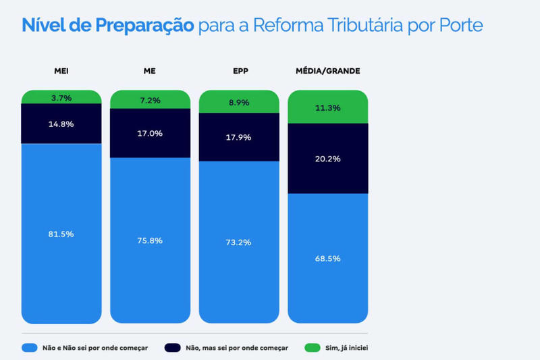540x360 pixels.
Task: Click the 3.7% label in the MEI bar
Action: point(61,98)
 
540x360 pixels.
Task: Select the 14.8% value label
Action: point(61,124)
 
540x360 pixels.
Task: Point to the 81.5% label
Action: point(61,234)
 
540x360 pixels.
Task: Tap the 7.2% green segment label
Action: point(150,100)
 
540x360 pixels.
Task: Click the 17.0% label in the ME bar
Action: point(150,133)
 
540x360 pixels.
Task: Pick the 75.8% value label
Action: point(150,240)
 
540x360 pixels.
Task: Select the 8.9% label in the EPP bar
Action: point(239,103)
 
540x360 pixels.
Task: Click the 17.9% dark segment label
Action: point(239,137)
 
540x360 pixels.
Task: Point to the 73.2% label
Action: point(239,242)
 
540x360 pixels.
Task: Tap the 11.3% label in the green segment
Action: point(328,107)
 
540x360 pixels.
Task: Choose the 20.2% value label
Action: point(328,159)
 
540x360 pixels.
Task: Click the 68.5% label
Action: point(328,258)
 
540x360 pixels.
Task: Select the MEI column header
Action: point(61,71)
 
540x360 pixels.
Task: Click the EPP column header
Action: point(239,71)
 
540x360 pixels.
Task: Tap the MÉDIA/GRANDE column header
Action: point(328,71)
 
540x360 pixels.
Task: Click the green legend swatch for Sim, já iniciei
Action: point(312,348)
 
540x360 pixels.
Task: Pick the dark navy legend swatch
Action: point(173,348)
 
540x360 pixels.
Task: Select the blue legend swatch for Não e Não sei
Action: point(29,348)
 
